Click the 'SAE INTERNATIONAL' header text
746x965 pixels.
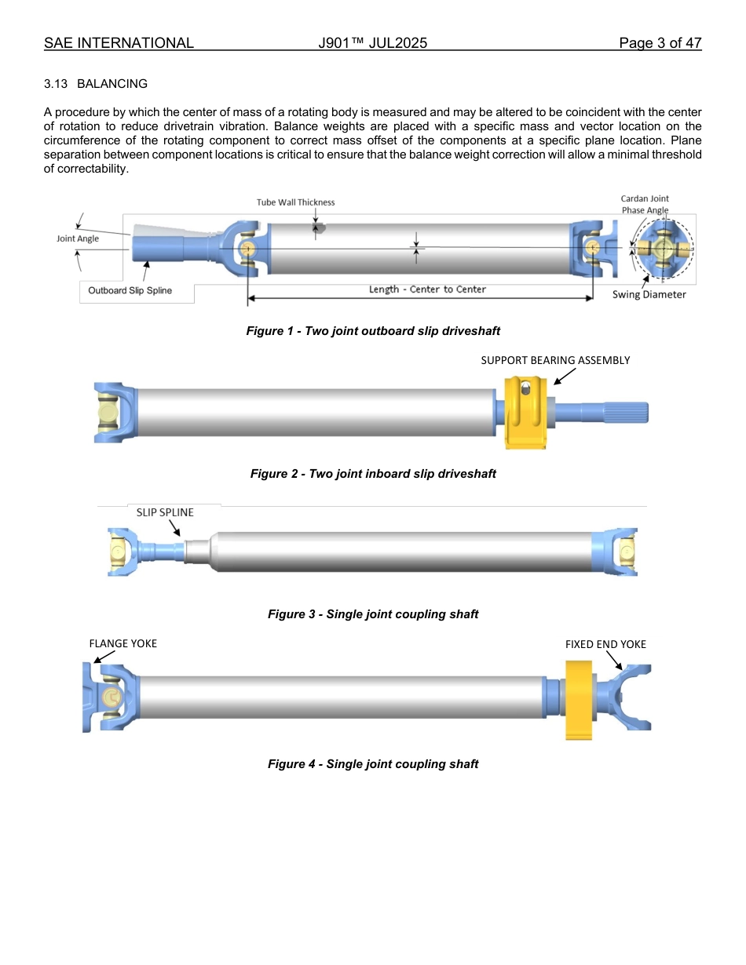coord(119,43)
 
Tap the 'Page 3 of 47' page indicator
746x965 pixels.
coord(660,43)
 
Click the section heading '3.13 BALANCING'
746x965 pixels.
coord(96,84)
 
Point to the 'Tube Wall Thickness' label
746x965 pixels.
coord(295,202)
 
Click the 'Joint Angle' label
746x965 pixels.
coord(78,239)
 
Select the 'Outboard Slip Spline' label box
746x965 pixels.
coord(130,291)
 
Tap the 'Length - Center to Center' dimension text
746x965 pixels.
coord(427,289)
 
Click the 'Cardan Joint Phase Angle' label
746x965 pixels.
coord(645,204)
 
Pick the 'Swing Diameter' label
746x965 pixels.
coord(649,295)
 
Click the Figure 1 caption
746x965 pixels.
coord(373,331)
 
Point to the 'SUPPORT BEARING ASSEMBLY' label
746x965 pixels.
coord(555,360)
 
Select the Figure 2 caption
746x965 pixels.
coord(373,474)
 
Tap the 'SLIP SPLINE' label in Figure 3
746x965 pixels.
coord(165,512)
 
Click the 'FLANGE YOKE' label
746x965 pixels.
coord(123,643)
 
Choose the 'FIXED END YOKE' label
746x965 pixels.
coord(605,644)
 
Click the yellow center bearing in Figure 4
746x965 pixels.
coord(577,698)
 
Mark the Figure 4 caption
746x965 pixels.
coord(373,764)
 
